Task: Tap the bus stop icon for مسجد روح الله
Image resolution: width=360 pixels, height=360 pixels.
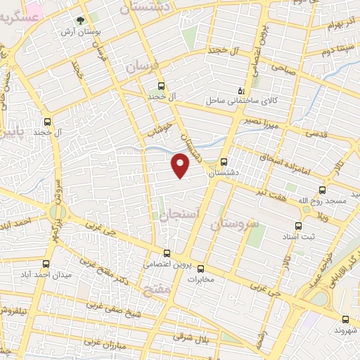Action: pyautogui.click(x=322, y=190)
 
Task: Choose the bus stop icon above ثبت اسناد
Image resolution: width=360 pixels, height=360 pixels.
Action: pyautogui.click(x=299, y=226)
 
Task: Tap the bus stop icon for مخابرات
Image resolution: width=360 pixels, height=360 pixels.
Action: pyautogui.click(x=200, y=268)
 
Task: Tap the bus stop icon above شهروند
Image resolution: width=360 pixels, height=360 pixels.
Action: pyautogui.click(x=345, y=318)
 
